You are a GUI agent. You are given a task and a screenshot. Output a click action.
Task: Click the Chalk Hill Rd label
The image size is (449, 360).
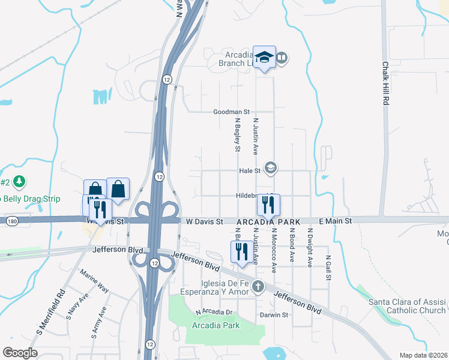[385, 83]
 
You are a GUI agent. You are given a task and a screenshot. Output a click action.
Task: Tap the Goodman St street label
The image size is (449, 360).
[231, 112]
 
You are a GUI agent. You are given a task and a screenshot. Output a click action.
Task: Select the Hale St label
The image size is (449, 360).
[249, 170]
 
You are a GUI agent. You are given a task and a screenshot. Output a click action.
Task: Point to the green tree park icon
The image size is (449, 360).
[19, 181]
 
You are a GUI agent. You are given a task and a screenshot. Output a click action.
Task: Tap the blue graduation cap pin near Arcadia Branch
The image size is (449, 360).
[264, 58]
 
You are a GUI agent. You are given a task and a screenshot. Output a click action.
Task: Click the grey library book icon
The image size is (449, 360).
[282, 58]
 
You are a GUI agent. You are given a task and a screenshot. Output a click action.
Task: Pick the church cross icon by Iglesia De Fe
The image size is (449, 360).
[258, 286]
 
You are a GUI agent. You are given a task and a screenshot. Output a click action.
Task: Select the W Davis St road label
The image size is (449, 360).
[203, 221]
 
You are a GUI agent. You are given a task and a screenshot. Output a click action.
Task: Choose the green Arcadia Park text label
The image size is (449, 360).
[215, 325]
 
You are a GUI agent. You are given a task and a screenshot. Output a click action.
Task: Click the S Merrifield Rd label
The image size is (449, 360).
[58, 313]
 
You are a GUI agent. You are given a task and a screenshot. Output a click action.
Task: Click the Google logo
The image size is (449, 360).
[20, 352]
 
